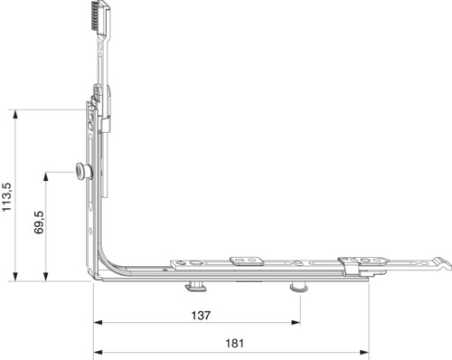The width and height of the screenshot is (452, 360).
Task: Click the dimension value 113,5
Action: tap(7, 197)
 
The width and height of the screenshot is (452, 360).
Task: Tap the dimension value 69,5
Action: tap(39, 223)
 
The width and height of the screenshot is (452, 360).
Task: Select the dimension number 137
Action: tap(201, 316)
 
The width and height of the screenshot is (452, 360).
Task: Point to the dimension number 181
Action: tap(234, 343)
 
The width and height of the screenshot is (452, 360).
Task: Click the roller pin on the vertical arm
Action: tap(83, 171)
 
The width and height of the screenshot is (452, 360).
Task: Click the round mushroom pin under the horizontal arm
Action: tap(298, 287)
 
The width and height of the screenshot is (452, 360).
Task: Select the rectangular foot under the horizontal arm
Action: tap(196, 286)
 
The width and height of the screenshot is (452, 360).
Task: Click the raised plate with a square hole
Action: tap(247, 261)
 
